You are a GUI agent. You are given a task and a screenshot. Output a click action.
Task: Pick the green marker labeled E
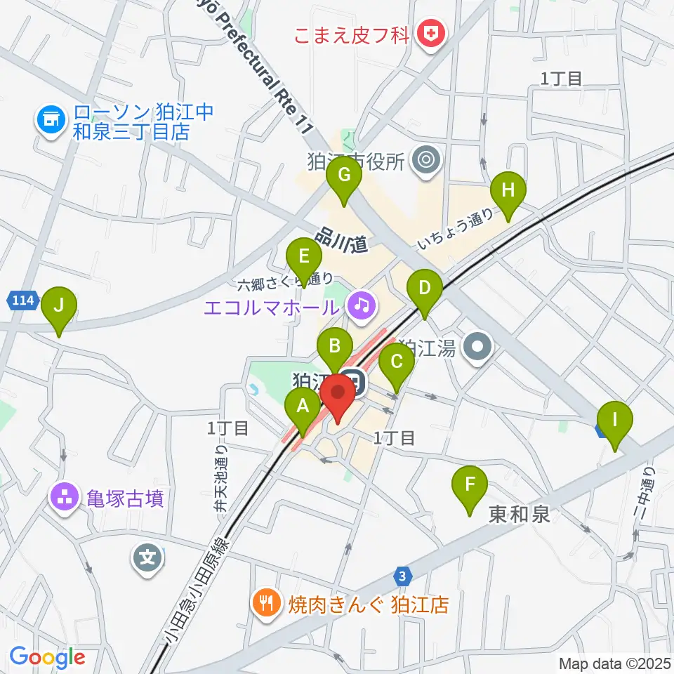[x=303, y=258]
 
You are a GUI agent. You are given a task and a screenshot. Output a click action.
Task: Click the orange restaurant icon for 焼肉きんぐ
[x=266, y=604]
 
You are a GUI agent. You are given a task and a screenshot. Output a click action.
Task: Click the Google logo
[x=48, y=658]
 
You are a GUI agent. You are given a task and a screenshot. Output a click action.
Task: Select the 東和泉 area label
[x=519, y=515]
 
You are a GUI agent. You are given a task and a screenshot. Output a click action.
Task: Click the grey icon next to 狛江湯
[x=480, y=347]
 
